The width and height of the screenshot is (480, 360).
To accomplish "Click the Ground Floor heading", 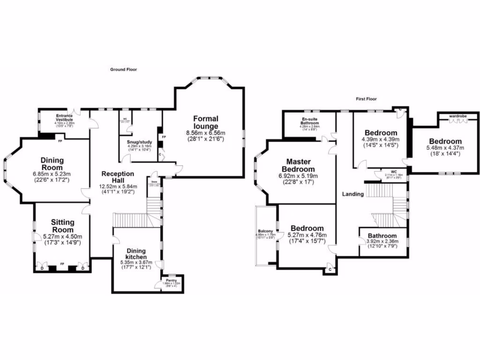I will coord(123,69).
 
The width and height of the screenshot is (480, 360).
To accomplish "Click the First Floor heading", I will coord(366,99).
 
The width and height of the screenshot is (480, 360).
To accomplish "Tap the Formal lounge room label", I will coord(205,122).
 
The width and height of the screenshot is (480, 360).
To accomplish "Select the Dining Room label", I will coord(52,164).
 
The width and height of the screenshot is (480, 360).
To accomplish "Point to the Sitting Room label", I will coord(62,226).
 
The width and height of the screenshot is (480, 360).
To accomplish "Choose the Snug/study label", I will coord(140,141).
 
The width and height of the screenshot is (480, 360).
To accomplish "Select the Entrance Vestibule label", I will coord(64,118).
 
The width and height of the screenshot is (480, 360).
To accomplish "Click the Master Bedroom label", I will coord(298,165).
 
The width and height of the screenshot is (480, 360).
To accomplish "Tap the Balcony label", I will coord(265,231).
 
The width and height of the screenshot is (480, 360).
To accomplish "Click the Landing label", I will coord(352,194).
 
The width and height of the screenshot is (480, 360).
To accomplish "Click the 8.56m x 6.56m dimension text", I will coord(205,133).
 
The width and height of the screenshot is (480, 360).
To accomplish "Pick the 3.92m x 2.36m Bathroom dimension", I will coord(382,242).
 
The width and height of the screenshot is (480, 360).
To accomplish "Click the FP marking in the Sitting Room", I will coord(62,264).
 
